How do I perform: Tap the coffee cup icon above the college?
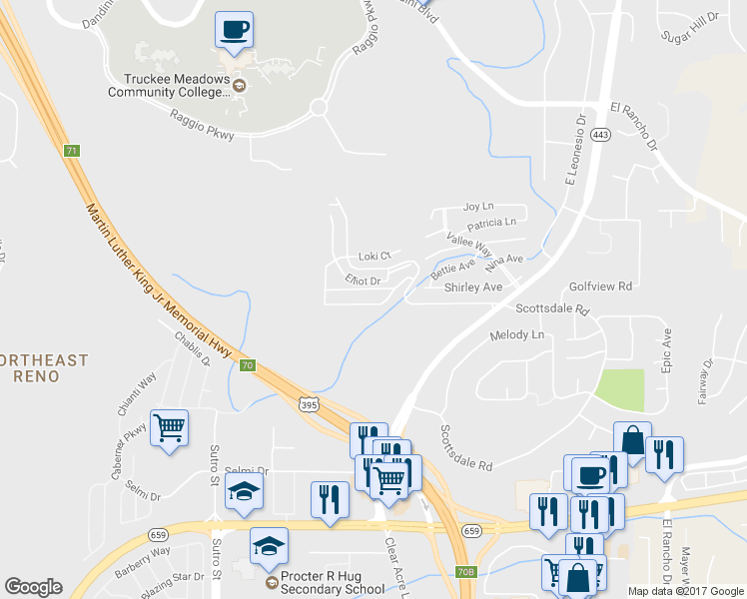(234, 30)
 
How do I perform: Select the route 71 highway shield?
(71, 151)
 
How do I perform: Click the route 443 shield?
(600, 135)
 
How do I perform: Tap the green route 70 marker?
(247, 365)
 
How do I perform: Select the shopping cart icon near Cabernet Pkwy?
(169, 429)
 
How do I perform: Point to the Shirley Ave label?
(473, 288)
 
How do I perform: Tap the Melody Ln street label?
(517, 335)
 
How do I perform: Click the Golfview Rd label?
(601, 286)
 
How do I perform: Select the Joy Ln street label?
(478, 207)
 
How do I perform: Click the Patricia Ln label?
(491, 223)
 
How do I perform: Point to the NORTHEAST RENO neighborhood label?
(44, 367)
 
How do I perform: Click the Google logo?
(33, 587)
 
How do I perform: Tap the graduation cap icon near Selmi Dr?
(244, 493)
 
